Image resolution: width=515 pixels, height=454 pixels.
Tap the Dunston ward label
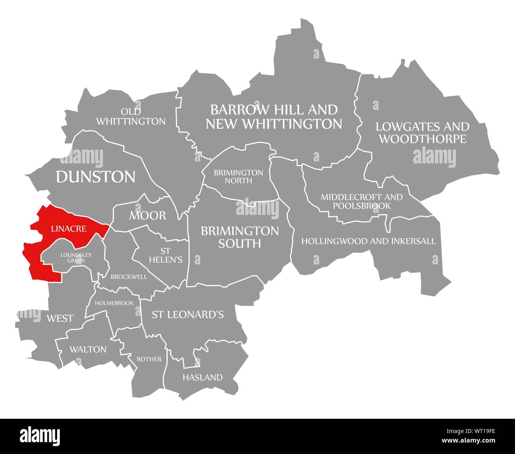[95, 177]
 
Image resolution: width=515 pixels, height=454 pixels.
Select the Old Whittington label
[131, 117]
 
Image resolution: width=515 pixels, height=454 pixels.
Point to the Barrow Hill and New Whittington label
[274, 116]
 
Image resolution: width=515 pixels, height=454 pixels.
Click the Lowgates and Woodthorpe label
[422, 133]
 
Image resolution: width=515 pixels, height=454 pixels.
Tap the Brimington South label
[240, 237]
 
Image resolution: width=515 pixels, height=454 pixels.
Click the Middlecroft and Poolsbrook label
[361, 201]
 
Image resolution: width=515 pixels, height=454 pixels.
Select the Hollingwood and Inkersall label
[368, 241]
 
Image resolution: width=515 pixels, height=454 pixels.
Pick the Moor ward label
[147, 216]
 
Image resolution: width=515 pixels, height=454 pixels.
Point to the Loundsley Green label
[76, 257]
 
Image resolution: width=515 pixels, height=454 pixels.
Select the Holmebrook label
[117, 303]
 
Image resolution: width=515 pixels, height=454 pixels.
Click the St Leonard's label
[188, 315]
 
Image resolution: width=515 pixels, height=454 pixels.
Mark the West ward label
[60, 318]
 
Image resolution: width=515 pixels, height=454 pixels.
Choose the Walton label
[88, 349]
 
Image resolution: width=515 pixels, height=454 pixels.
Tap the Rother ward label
[149, 359]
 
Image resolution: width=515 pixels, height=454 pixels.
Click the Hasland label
[202, 377]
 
